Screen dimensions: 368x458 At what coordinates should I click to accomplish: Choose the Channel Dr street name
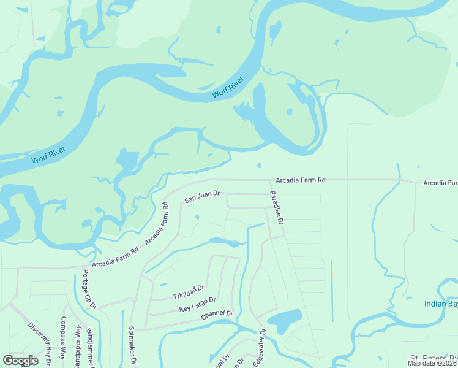click(x=217, y=316)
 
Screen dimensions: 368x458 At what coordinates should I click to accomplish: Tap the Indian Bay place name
click(x=441, y=304)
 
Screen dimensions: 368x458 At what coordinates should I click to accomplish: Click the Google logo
click(x=20, y=361)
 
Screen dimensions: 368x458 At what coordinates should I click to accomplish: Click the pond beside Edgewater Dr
click(x=285, y=319)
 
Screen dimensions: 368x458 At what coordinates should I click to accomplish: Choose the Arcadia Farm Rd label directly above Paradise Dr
click(x=300, y=180)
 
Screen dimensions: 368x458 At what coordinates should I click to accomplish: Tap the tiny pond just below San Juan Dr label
click(x=197, y=217)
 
